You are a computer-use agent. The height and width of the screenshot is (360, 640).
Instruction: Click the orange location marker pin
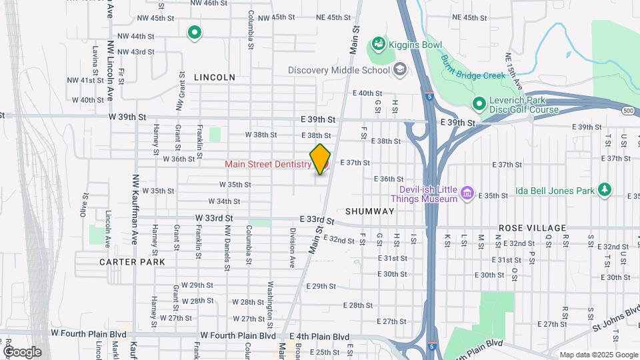(320, 159)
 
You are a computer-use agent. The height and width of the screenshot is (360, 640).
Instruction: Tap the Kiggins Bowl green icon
(378, 44)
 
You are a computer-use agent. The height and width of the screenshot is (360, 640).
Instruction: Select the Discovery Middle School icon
(400, 69)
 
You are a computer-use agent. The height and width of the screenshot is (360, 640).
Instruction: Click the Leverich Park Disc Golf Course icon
(478, 104)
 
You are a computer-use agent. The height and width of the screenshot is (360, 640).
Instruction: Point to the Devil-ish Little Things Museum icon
(467, 194)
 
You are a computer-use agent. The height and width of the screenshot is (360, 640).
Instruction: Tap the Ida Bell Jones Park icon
(605, 190)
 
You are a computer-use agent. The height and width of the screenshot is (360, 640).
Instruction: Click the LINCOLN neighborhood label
(215, 77)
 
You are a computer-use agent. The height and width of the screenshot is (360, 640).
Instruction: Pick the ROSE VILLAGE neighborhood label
(532, 228)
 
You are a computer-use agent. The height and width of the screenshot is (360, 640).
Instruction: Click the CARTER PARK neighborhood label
(132, 262)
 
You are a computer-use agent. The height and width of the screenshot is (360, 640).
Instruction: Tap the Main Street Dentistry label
(268, 164)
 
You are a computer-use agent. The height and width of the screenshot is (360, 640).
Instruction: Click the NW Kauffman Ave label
(136, 209)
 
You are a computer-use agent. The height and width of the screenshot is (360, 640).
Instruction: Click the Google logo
(21, 352)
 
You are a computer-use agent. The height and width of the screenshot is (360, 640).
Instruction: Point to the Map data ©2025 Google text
(598, 355)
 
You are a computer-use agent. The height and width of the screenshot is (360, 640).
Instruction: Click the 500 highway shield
(628, 111)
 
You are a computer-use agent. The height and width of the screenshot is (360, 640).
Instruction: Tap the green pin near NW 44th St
(194, 31)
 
